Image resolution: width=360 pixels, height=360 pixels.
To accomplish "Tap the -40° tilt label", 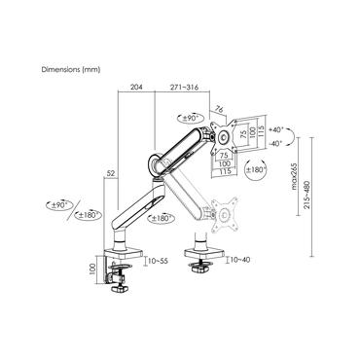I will [x=276, y=144].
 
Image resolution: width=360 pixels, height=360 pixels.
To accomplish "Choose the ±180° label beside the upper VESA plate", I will [x=258, y=171].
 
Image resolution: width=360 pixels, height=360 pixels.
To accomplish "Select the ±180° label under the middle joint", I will [x=162, y=218].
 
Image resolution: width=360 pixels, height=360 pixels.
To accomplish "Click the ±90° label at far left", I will [x=58, y=206].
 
